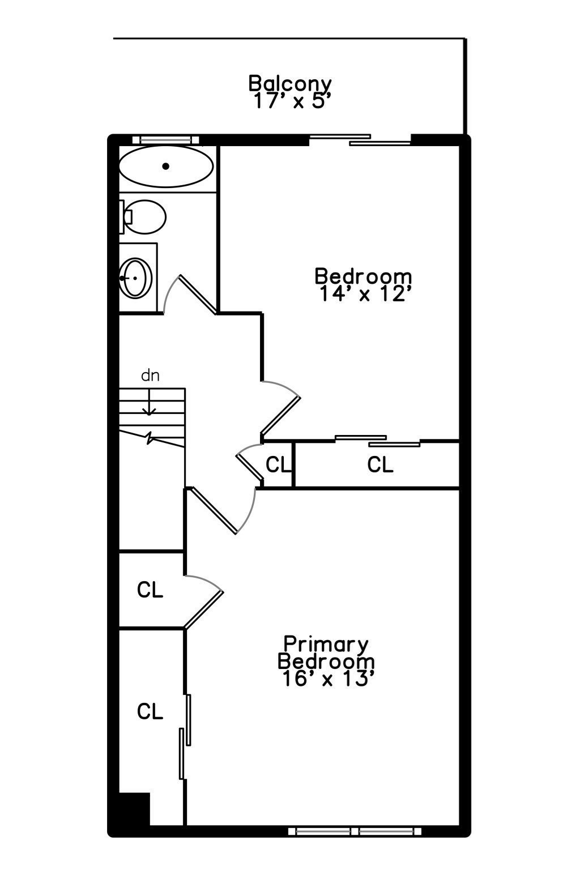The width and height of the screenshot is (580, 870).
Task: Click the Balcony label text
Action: pyautogui.click(x=290, y=83)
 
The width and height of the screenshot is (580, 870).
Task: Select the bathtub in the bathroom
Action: pyautogui.click(x=166, y=167)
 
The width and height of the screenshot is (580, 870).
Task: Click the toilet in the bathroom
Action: pyautogui.click(x=144, y=216)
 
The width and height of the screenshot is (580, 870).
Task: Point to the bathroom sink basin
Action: pyautogui.click(x=137, y=278)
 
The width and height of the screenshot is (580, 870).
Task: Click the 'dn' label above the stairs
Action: pyautogui.click(x=150, y=375)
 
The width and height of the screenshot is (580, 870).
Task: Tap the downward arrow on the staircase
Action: pyautogui.click(x=149, y=406)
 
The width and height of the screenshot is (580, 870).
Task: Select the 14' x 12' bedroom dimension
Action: pyautogui.click(x=363, y=294)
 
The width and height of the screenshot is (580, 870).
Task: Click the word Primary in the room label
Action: pyautogui.click(x=326, y=644)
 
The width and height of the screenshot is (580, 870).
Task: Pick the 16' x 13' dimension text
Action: pyautogui.click(x=326, y=679)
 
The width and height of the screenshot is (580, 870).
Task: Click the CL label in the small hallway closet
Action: pyautogui.click(x=278, y=465)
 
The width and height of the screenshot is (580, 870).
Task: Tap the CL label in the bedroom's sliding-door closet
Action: pyautogui.click(x=380, y=464)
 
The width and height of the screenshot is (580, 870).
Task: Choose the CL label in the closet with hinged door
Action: pyautogui.click(x=150, y=590)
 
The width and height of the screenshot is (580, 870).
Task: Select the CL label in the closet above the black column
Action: pyautogui.click(x=150, y=711)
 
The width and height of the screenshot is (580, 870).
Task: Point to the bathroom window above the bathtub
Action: pyautogui.click(x=166, y=139)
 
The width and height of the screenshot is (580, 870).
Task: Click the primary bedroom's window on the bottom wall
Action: pyautogui.click(x=355, y=831)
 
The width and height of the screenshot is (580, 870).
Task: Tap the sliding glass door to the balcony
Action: pyautogui.click(x=360, y=139)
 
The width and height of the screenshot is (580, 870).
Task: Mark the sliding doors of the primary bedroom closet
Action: pyautogui.click(x=185, y=736)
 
